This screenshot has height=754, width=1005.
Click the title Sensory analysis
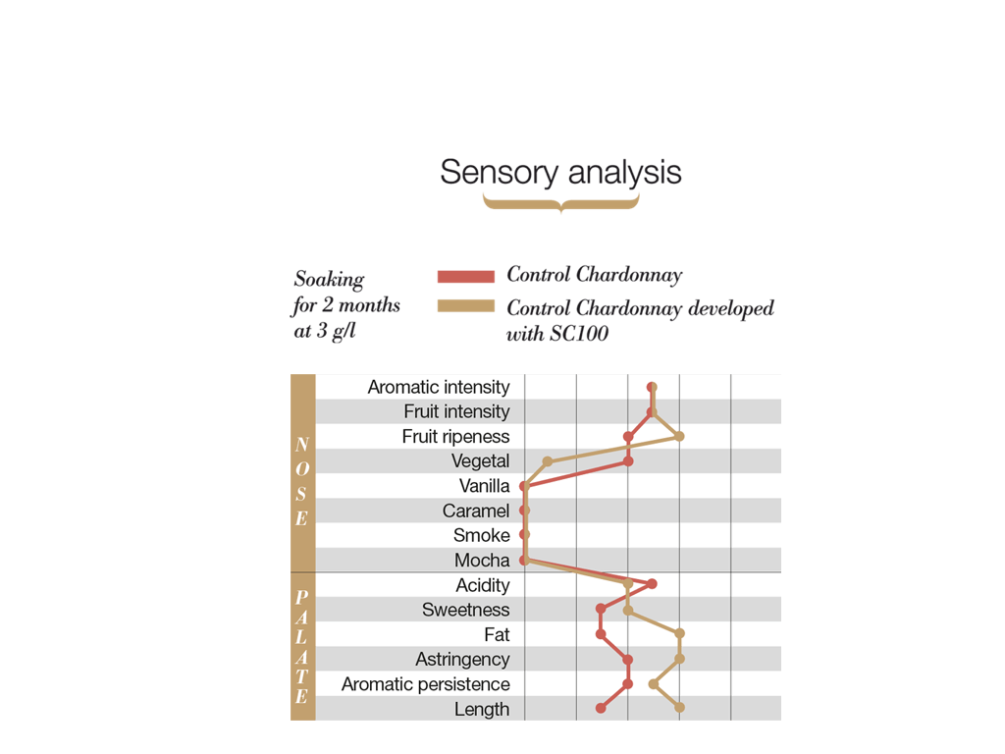pos(560,173)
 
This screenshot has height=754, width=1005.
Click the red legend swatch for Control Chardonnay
pos(465,276)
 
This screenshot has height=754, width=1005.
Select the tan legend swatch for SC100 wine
pos(465,306)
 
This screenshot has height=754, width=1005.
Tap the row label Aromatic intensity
pos(439,387)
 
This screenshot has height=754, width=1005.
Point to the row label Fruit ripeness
pos(455,436)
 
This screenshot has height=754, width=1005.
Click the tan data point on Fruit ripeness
pos(679,436)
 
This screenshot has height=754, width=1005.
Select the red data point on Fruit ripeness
pos(628,436)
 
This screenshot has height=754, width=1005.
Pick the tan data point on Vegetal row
pos(549,461)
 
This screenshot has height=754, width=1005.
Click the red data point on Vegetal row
pos(628,461)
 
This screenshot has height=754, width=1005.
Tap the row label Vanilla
pos(484,486)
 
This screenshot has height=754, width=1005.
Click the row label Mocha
pos(482,561)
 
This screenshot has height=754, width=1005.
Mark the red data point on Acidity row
pos(653,584)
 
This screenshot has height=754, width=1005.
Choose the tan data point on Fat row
pos(679,634)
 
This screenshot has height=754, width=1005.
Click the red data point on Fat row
pos(601,634)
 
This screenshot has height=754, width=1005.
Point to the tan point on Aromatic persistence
pos(654,684)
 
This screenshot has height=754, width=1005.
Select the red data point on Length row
pos(601,708)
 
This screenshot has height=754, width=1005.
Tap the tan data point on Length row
pos(679,707)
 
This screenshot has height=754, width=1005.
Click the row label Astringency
pos(462,660)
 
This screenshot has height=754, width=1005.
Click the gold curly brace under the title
pos(560,203)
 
